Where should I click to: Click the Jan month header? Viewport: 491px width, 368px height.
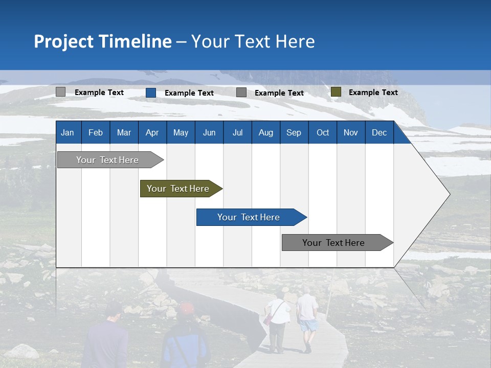pos(68,133)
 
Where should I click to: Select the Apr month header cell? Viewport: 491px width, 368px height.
pos(152,133)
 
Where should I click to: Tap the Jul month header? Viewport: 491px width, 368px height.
pos(237,133)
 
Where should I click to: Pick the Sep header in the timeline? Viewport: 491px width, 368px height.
pos(294,133)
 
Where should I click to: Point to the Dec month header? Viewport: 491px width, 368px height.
pos(379,133)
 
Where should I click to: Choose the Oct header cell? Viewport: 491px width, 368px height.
pos(323,133)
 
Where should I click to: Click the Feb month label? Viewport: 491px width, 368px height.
pos(96,133)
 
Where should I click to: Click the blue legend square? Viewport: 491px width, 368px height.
pos(151,93)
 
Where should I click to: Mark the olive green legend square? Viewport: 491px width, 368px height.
pos(336,92)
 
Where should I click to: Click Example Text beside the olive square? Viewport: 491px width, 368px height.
pos(373,93)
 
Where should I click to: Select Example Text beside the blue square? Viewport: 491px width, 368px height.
pos(189,93)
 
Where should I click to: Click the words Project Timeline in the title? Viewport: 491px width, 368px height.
pos(103,41)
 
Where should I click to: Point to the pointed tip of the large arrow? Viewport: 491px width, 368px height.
pos(449,194)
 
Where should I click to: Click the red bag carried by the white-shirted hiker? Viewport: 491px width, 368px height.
pos(269,319)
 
